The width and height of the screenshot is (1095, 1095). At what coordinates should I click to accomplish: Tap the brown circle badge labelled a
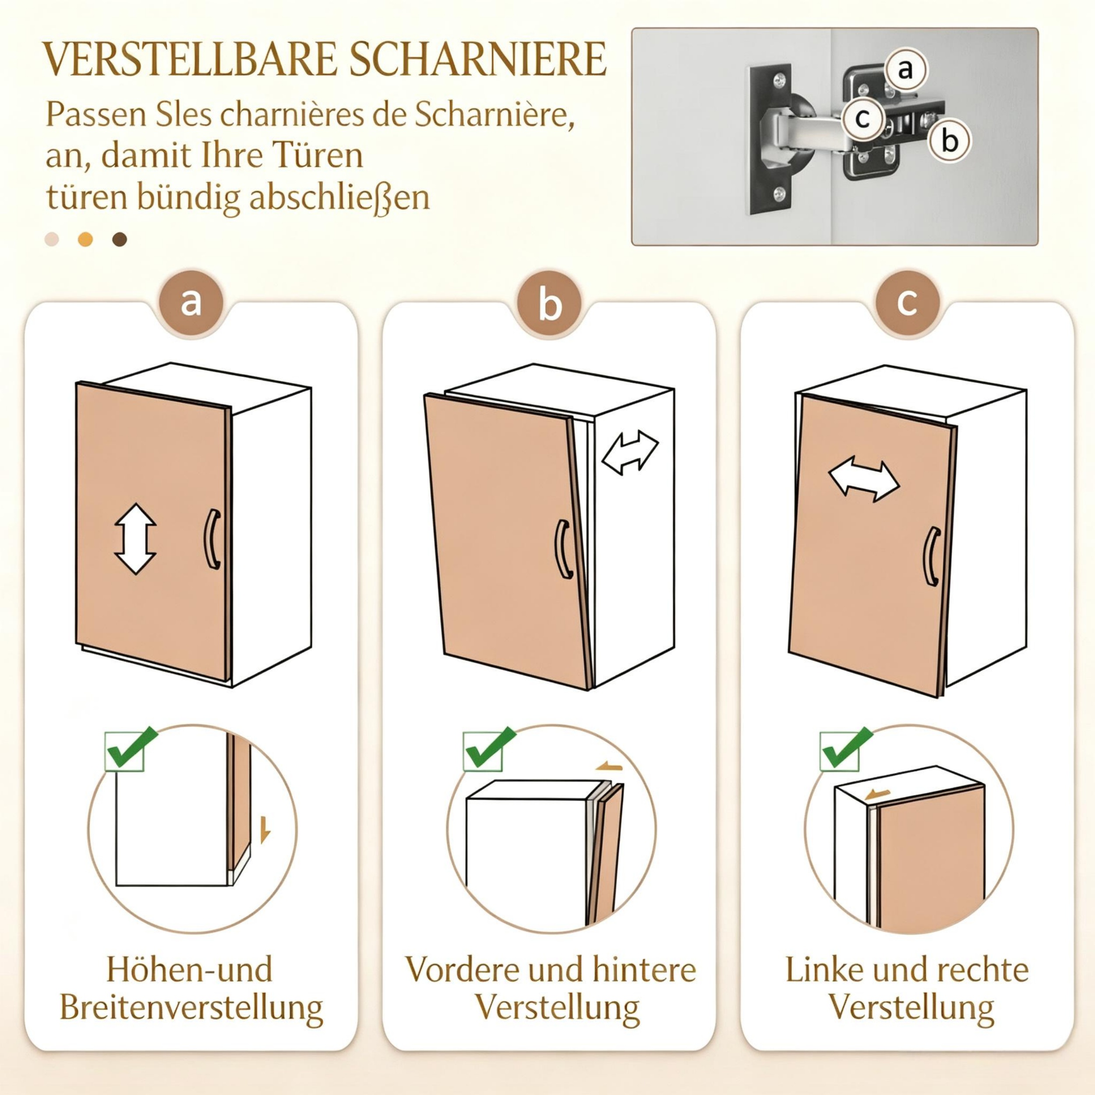pyautogui.click(x=191, y=303)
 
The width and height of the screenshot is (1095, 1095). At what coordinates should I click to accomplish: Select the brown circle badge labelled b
pyautogui.click(x=549, y=303)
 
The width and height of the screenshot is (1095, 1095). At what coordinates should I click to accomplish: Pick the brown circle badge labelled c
pyautogui.click(x=908, y=303)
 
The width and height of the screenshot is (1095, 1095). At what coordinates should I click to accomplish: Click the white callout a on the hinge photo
pyautogui.click(x=906, y=70)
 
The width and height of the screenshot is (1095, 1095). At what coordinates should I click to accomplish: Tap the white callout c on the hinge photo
pyautogui.click(x=862, y=119)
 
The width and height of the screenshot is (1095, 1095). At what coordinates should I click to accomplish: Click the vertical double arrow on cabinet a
pyautogui.click(x=135, y=538)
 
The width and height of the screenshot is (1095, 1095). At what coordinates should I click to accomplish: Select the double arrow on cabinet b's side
pyautogui.click(x=630, y=452)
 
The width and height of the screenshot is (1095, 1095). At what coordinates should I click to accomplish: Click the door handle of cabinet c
pyautogui.click(x=932, y=556)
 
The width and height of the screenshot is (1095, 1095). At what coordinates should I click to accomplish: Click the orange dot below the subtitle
pyautogui.click(x=85, y=239)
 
